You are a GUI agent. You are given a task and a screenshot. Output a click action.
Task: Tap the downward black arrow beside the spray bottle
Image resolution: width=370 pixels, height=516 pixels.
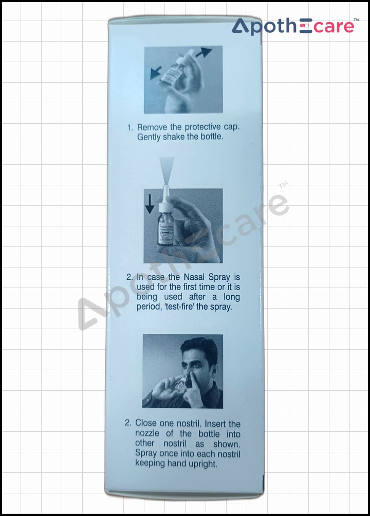pyautogui.click(x=150, y=204)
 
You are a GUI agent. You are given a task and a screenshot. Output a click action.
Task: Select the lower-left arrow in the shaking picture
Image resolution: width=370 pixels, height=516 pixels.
pyautogui.click(x=156, y=73)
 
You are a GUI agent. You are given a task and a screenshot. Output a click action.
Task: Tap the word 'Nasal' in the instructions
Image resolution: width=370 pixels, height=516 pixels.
pyautogui.click(x=194, y=277)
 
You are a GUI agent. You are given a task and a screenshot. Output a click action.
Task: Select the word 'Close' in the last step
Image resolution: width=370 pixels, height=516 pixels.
pyautogui.click(x=146, y=423)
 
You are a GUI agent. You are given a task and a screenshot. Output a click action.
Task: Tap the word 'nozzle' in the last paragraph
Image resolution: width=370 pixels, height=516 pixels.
pyautogui.click(x=147, y=433)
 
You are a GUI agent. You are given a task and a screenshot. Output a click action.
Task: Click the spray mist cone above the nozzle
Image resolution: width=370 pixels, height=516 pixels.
pyautogui.click(x=166, y=170)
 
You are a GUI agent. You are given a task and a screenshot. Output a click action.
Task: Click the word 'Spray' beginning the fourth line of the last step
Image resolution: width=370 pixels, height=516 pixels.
pyautogui.click(x=145, y=453)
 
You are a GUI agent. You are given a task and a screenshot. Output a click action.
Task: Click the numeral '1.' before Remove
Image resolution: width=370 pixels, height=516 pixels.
pyautogui.click(x=131, y=128)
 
